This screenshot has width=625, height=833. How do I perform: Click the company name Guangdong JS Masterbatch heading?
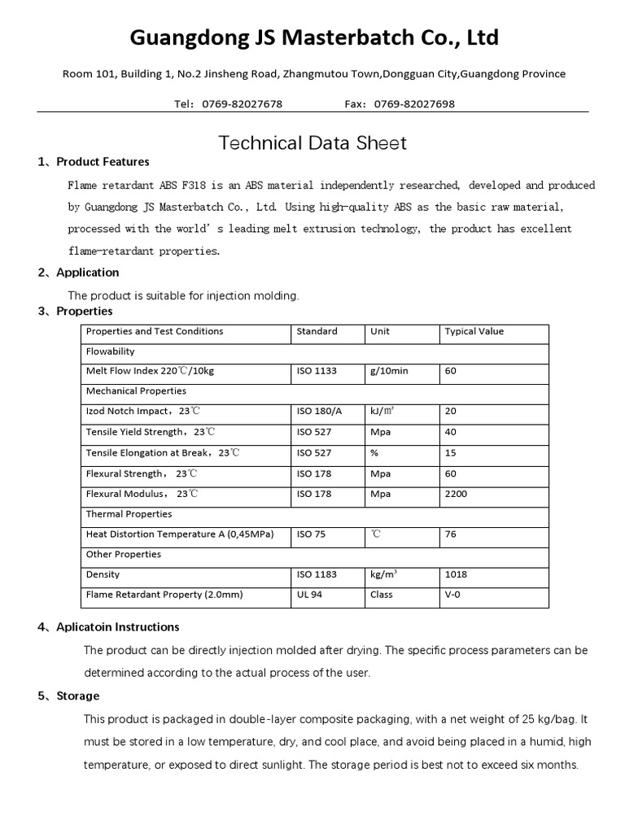pyautogui.click(x=313, y=37)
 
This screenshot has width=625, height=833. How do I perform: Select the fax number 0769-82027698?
pyautogui.click(x=413, y=104)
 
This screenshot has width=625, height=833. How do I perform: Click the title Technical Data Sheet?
pyautogui.click(x=312, y=144)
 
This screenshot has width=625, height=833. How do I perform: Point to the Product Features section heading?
pyautogui.click(x=103, y=162)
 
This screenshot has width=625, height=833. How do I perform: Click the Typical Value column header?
pyautogui.click(x=474, y=332)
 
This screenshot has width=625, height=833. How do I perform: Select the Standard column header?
pyautogui.click(x=317, y=332)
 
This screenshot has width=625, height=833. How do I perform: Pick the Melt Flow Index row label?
pyautogui.click(x=150, y=371)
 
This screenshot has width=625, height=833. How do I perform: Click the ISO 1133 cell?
pyautogui.click(x=317, y=371)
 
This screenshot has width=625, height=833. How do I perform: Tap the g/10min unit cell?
pyautogui.click(x=389, y=371)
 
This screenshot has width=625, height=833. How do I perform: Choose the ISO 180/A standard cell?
pyautogui.click(x=319, y=412)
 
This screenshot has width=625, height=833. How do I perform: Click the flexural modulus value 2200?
pyautogui.click(x=456, y=494)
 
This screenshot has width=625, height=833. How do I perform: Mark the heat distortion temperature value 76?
pyautogui.click(x=451, y=534)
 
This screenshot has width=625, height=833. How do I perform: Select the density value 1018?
pyautogui.click(x=456, y=574)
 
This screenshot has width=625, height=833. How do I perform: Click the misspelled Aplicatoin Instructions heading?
pyautogui.click(x=117, y=627)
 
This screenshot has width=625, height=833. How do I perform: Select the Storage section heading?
pyautogui.click(x=78, y=696)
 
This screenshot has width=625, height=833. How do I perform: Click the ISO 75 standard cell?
pyautogui.click(x=310, y=534)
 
